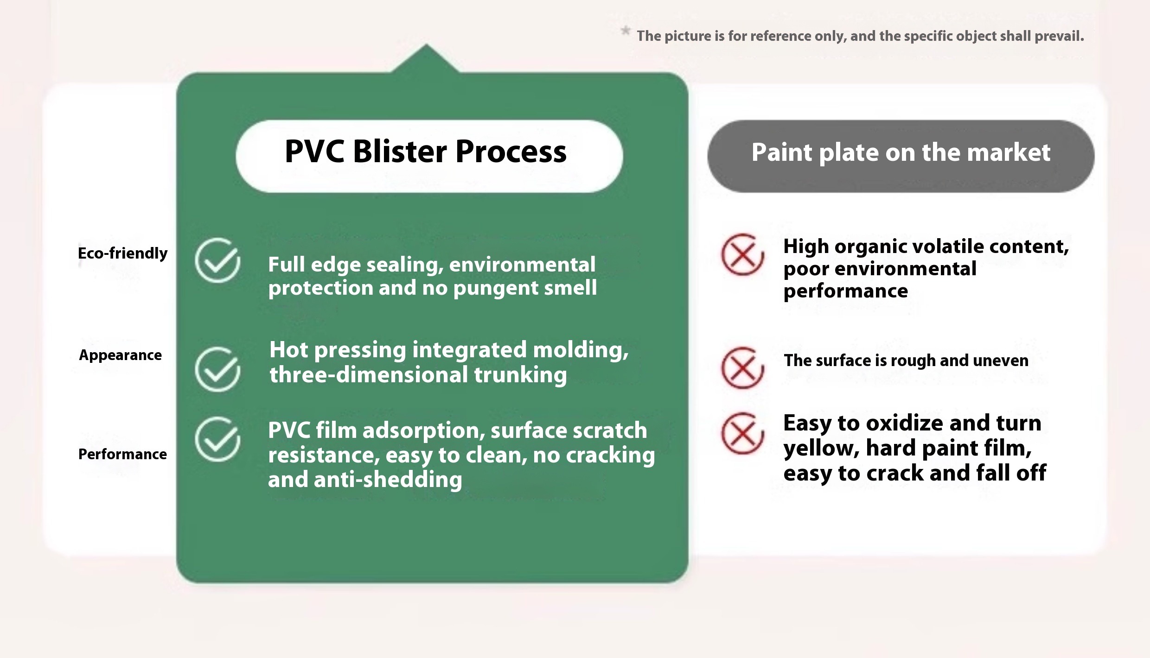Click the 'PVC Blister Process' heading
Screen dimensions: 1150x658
(x=426, y=152)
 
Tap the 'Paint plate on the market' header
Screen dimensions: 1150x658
(x=901, y=153)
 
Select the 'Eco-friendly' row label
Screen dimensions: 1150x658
(x=123, y=253)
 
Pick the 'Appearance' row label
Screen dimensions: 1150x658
(x=121, y=355)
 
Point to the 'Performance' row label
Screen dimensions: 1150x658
(x=122, y=454)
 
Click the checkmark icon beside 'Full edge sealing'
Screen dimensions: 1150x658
(x=217, y=260)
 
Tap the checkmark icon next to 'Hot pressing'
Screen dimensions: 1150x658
(x=217, y=369)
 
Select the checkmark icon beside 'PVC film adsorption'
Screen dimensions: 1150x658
(x=217, y=439)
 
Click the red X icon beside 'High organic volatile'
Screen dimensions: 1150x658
(x=742, y=255)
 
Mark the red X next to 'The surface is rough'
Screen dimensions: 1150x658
(x=742, y=368)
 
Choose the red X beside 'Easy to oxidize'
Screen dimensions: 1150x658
(x=742, y=434)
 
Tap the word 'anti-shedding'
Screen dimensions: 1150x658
(x=388, y=480)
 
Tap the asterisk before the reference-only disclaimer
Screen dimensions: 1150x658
(x=626, y=31)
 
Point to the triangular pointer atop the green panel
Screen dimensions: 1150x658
(x=426, y=58)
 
